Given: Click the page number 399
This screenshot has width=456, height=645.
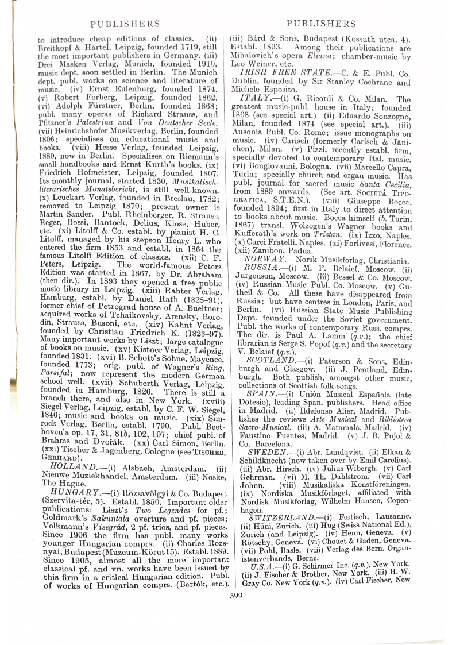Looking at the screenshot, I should [x=235, y=595].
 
